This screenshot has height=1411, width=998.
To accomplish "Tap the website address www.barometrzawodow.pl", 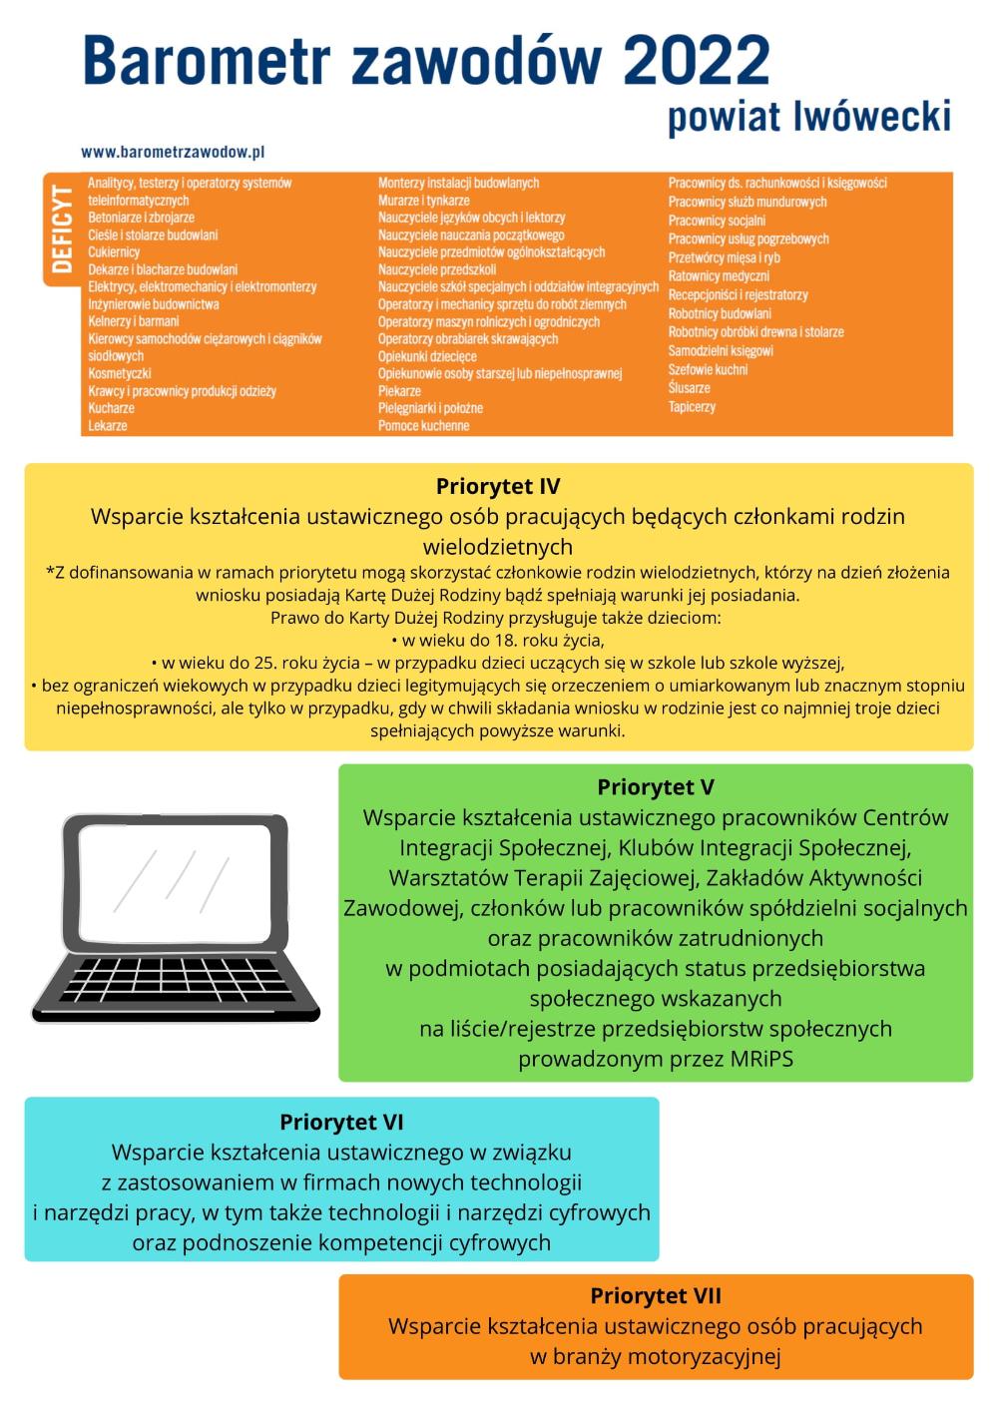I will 173,153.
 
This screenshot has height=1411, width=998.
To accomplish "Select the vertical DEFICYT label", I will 62,229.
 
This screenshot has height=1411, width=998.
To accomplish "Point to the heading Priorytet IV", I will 498,487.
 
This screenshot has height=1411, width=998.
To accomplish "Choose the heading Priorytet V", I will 656,787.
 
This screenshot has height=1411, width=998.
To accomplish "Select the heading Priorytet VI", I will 341,1122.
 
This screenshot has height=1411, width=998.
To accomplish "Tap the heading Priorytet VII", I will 656,1296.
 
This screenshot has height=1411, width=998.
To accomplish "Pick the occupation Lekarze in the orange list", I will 108,426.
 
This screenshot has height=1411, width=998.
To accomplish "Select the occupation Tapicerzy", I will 692,407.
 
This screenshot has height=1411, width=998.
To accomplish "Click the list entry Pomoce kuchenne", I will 423,426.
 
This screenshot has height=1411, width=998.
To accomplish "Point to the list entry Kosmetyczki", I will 120,374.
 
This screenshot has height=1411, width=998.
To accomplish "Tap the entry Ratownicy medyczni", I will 719,276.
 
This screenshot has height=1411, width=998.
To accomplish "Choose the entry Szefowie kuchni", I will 708,370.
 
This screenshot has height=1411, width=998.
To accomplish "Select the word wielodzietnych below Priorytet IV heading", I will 498,547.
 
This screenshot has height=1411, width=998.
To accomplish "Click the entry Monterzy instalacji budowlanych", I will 458,184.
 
